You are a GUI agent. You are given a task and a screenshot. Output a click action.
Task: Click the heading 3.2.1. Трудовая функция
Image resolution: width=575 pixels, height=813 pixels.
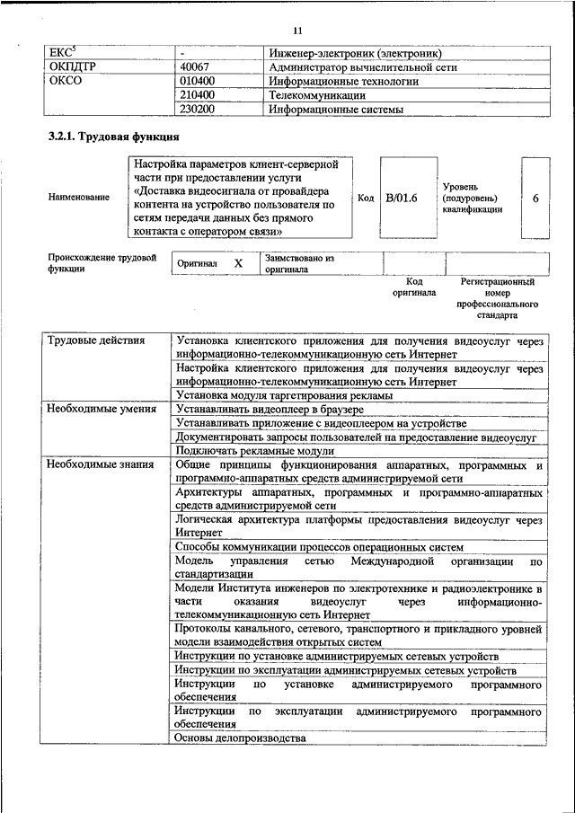[x=113, y=138]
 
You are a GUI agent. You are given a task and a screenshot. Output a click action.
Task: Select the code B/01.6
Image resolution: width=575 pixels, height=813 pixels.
[x=402, y=198]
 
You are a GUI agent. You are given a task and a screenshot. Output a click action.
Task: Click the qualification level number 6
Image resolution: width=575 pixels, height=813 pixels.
[x=535, y=198]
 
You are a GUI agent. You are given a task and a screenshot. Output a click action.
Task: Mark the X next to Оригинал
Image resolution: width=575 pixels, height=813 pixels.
[x=238, y=263]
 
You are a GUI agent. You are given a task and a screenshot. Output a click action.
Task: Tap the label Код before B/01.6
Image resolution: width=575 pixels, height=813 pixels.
[x=365, y=198]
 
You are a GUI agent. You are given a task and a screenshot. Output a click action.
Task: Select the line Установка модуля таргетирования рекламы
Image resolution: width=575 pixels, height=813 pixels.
[x=284, y=395]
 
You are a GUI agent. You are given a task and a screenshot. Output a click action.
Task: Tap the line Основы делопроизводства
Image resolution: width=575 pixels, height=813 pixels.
[x=240, y=738]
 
